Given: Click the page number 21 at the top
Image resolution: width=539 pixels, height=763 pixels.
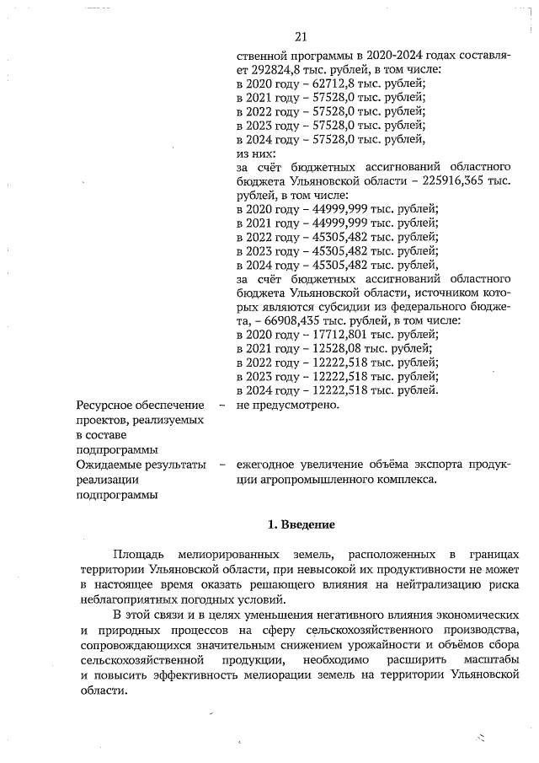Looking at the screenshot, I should [302, 36].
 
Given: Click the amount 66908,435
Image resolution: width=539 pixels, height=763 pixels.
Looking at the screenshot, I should [291, 320].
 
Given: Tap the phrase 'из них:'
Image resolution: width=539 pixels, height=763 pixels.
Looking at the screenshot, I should [256, 153].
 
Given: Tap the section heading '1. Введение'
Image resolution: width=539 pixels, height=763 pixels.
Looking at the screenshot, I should [302, 524].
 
